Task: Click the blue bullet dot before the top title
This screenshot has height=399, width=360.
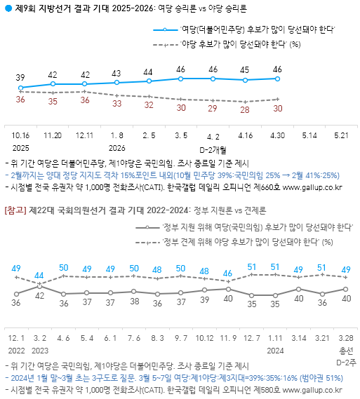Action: coord(8,8)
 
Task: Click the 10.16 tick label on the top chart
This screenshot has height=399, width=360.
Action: coord(20,135)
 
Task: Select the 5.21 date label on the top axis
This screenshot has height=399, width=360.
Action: coord(341,135)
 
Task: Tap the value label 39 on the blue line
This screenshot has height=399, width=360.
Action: coord(20,77)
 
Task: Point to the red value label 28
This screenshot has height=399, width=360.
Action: coord(245,109)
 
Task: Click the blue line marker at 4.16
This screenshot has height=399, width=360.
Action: coord(245,80)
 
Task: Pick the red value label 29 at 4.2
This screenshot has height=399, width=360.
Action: coord(213,109)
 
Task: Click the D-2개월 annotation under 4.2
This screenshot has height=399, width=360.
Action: coord(213,150)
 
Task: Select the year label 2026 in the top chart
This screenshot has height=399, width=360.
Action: coord(117,148)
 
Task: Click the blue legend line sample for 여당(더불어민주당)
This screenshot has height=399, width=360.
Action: coord(165,30)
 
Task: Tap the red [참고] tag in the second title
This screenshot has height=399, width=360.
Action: coord(15,210)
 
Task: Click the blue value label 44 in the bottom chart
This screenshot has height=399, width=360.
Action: coord(39,276)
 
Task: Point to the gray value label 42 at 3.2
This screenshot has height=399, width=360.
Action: coord(40,296)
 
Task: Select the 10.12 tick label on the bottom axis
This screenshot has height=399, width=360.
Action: coord(204,338)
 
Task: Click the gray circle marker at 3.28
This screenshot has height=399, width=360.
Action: coord(345,289)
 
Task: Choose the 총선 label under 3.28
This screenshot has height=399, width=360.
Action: coord(346,351)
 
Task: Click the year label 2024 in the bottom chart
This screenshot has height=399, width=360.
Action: coord(275,351)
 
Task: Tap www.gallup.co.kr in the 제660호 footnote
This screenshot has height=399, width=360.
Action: coord(312,188)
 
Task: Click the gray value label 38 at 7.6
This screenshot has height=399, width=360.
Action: coord(135,302)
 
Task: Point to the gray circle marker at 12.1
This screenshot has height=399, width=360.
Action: coord(17,294)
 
